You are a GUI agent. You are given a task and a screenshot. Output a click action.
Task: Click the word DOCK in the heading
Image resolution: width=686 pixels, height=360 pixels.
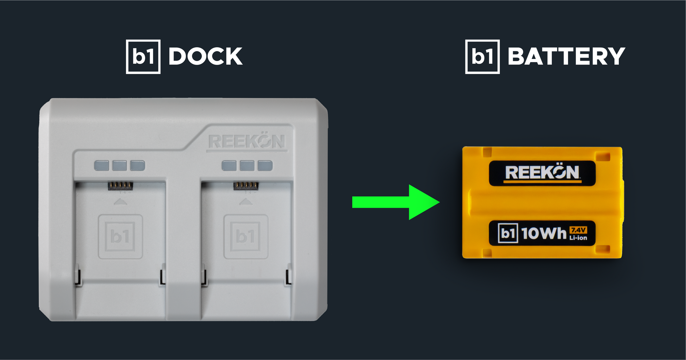pyautogui.click(x=205, y=57)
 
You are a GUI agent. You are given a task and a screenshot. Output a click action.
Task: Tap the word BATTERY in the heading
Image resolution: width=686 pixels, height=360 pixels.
pyautogui.click(x=566, y=57)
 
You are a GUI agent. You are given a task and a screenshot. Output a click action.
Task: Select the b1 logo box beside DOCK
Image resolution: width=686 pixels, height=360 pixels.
pyautogui.click(x=143, y=57)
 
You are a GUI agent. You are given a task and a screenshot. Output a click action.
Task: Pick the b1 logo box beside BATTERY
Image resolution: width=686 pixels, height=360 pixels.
pyautogui.click(x=482, y=57)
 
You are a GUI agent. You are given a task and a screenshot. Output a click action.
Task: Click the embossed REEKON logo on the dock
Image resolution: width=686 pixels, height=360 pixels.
pyautogui.click(x=247, y=141)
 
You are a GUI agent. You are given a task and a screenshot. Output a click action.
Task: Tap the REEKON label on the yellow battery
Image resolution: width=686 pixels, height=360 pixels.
pyautogui.click(x=542, y=172)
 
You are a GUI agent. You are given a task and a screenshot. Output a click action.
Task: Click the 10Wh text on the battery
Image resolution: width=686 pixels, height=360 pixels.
pyautogui.click(x=544, y=233)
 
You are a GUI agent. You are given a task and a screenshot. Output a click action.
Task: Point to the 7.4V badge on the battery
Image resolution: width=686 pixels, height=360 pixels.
pyautogui.click(x=578, y=230)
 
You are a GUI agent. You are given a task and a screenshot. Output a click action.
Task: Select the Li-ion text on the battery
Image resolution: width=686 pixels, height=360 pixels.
pyautogui.click(x=578, y=238)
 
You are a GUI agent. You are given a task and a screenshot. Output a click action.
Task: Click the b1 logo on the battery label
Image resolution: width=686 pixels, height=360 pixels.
pyautogui.click(x=508, y=233)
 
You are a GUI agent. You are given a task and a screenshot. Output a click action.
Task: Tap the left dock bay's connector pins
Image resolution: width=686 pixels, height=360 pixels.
pyautogui.click(x=120, y=186)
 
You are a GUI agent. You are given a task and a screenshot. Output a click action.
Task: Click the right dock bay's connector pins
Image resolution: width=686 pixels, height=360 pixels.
pyautogui.click(x=246, y=186)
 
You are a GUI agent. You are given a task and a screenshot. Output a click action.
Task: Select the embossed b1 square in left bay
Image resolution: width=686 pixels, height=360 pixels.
pyautogui.click(x=120, y=236)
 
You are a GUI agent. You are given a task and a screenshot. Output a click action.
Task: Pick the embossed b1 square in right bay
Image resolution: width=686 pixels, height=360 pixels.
pyautogui.click(x=246, y=236)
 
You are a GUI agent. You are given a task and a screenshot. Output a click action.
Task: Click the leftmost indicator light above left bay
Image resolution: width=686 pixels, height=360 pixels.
pyautogui.click(x=102, y=166)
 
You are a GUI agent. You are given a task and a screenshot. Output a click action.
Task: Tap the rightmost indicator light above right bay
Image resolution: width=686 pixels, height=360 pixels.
pyautogui.click(x=265, y=166)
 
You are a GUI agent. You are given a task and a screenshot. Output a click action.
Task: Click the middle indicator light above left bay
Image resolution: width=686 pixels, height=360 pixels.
pyautogui.click(x=119, y=166)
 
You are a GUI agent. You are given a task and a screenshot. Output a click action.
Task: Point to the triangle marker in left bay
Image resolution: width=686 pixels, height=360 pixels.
pyautogui.click(x=120, y=202)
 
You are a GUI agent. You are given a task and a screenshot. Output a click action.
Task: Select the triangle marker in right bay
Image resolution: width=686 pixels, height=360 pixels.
pyautogui.click(x=246, y=202)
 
